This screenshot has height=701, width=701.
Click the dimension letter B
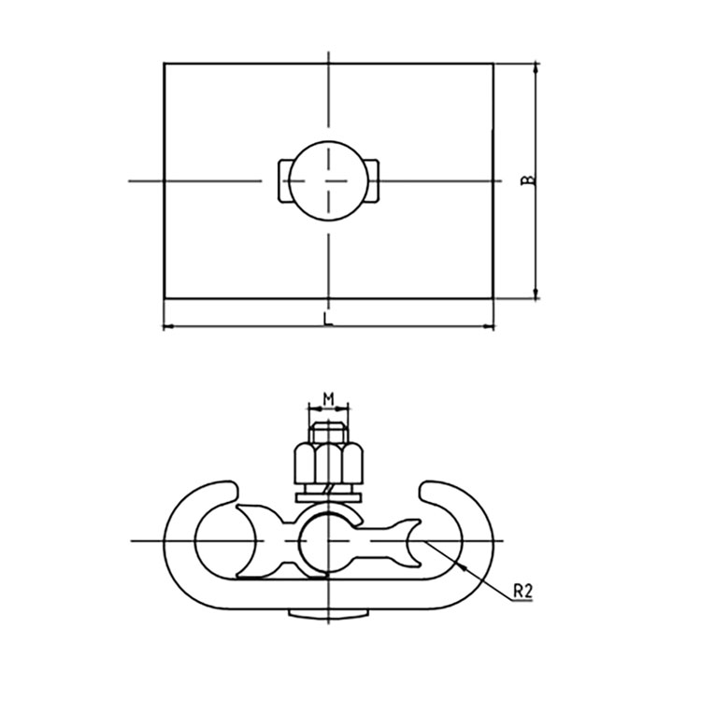[528, 179]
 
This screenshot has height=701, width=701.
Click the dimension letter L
[328, 318]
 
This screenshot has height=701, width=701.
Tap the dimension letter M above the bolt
[329, 399]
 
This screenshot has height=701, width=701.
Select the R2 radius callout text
[522, 591]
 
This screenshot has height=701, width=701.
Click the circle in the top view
[329, 180]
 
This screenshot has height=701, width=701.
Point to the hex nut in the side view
[329, 463]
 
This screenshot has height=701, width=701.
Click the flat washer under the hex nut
[329, 497]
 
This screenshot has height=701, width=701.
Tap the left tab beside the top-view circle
[283, 180]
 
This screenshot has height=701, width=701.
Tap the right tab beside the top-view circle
[374, 180]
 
